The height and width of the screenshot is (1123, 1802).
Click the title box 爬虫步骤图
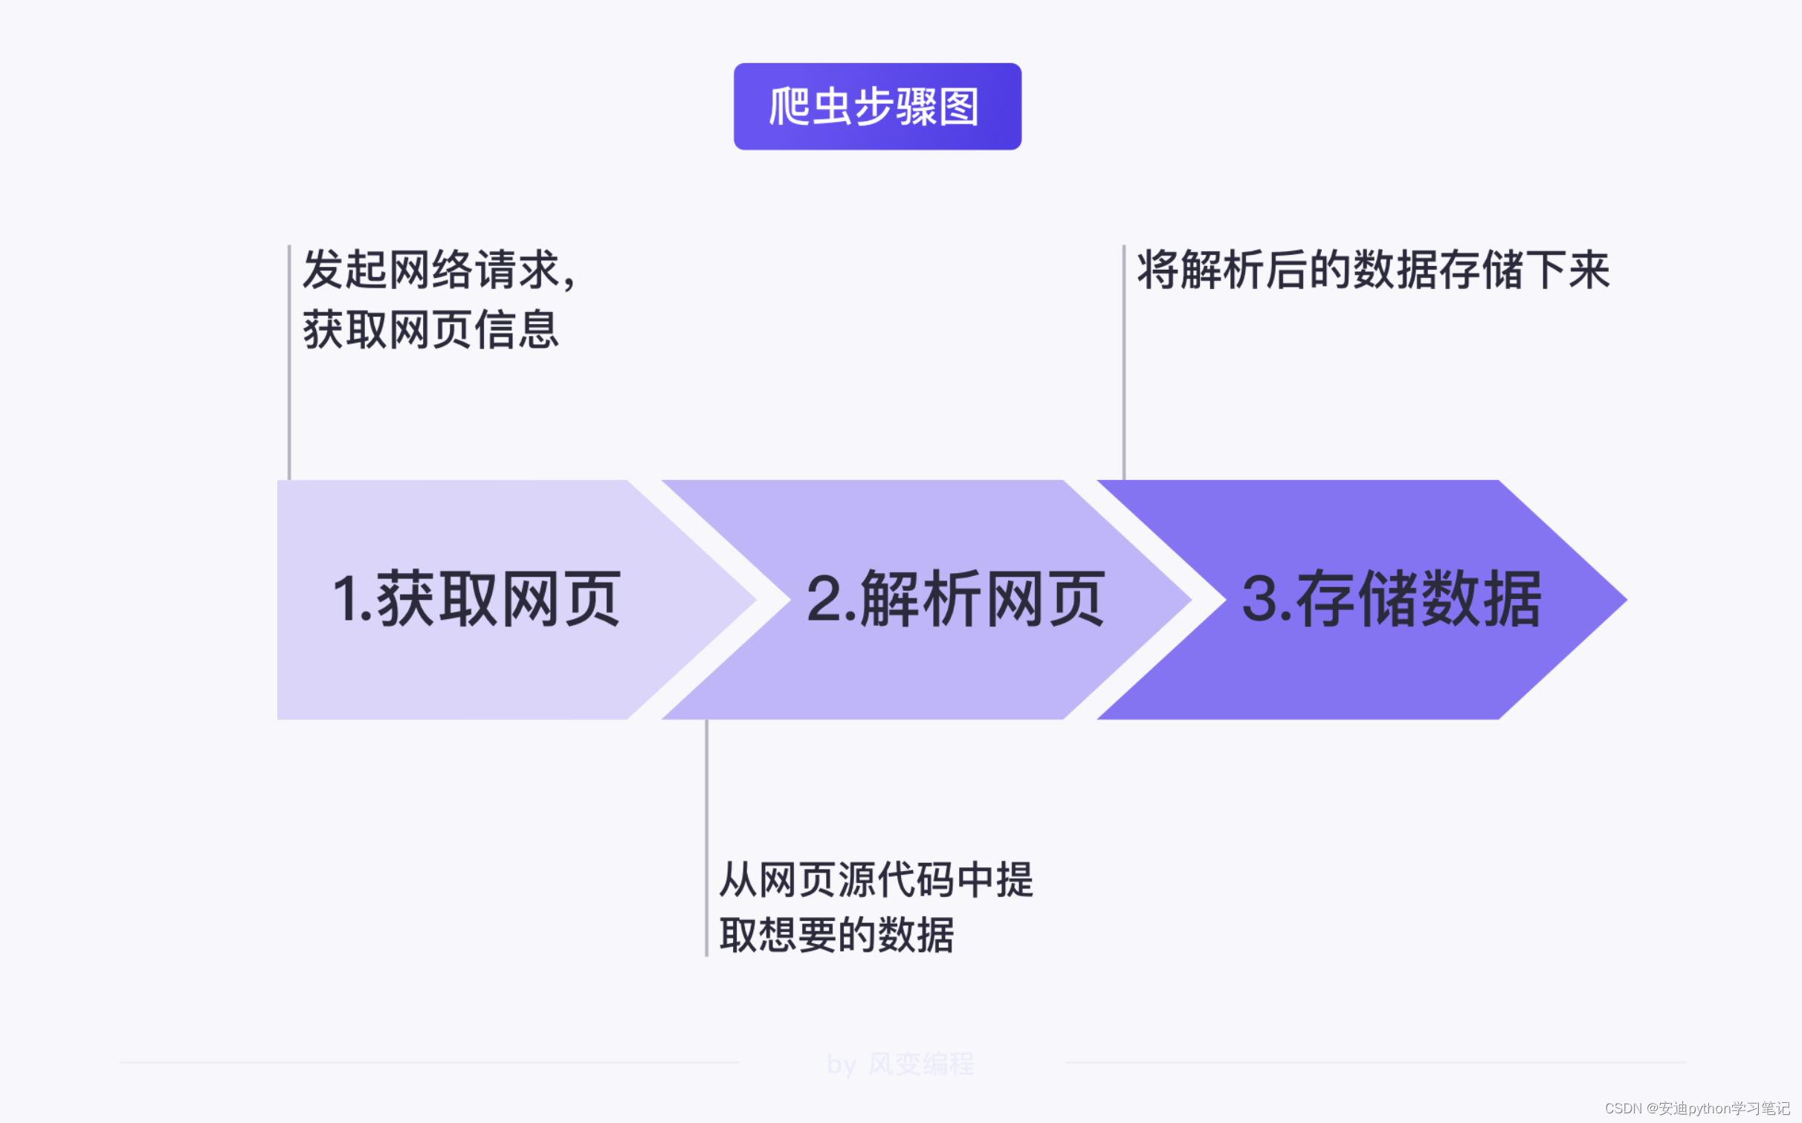click(877, 106)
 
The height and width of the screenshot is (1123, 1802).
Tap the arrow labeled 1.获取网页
click(476, 599)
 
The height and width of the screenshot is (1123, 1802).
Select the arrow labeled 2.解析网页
click(955, 599)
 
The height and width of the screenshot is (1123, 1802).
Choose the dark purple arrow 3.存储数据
click(1390, 599)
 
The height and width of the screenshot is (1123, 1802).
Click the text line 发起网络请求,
click(439, 269)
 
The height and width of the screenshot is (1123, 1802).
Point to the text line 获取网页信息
click(430, 329)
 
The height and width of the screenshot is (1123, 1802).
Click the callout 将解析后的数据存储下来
click(1372, 269)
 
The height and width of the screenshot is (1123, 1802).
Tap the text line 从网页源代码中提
click(876, 880)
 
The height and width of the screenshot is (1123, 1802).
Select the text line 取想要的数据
click(836, 934)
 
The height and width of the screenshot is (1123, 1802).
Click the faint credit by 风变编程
click(900, 1064)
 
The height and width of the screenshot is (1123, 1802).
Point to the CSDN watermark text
click(1697, 1108)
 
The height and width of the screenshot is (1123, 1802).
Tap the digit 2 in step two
click(823, 599)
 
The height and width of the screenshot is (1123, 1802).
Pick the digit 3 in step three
click(1259, 599)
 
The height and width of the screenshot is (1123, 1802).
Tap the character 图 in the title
click(959, 107)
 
